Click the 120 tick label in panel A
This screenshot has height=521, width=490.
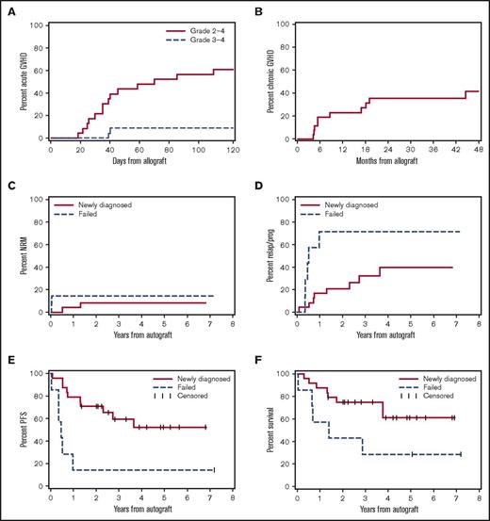click(x=234, y=149)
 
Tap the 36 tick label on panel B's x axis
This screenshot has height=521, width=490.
click(x=416, y=149)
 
